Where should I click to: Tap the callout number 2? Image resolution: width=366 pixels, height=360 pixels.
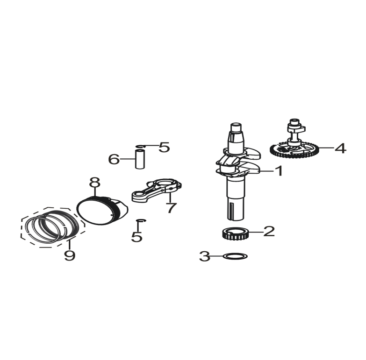click(269, 231)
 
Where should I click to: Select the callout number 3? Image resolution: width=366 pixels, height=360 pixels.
click(205, 256)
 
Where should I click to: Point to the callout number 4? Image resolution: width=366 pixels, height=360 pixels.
click(341, 148)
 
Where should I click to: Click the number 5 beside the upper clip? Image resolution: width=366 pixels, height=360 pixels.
click(164, 147)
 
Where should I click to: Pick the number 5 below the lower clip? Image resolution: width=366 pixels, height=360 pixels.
click(137, 236)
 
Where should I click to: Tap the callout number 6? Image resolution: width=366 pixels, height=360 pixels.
click(114, 159)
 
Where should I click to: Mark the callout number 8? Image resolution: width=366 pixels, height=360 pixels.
click(95, 183)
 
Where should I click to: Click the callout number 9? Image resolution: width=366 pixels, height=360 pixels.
click(70, 255)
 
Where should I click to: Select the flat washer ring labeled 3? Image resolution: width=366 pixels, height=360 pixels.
click(235, 256)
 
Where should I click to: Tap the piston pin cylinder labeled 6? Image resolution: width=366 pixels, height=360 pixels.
click(140, 160)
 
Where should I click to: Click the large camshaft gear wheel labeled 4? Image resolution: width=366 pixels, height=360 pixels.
click(294, 151)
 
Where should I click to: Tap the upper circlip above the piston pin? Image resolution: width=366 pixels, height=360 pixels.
click(141, 146)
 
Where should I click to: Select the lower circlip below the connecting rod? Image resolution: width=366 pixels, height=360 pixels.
click(141, 220)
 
